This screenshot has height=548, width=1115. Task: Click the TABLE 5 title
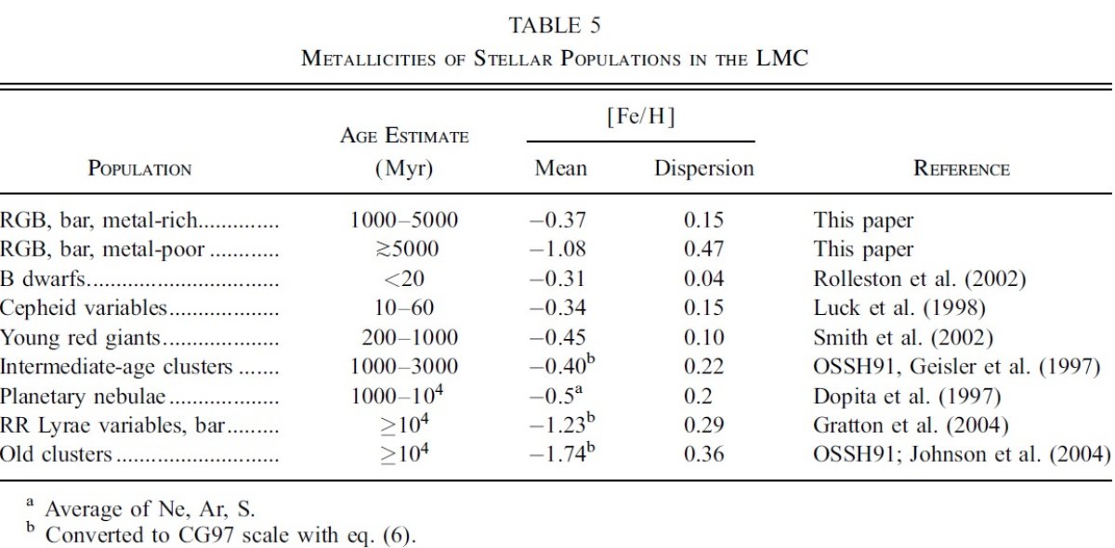[555, 25]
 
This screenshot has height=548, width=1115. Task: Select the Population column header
[139, 168]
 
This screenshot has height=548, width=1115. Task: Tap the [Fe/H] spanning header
[640, 116]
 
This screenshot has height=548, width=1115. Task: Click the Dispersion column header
[704, 168]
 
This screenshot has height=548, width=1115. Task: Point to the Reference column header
[961, 168]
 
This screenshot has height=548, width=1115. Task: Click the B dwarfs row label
[43, 279]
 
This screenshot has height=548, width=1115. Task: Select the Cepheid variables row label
[83, 308]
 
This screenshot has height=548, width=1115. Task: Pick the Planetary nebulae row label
[83, 397]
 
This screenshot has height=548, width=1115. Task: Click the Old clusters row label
[56, 454]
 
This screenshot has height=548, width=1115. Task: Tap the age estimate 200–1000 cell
[409, 337]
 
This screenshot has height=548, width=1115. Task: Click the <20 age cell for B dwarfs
[403, 279]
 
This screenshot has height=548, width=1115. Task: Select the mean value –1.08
[558, 249]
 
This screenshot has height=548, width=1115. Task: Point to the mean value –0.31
[557, 279]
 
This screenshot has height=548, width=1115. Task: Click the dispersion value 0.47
[703, 249]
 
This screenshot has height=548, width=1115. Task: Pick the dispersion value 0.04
[703, 279]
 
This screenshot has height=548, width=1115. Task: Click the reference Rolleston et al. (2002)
[919, 279]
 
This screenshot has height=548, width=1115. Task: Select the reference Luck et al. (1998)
[899, 308]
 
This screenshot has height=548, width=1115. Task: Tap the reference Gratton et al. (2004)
[911, 425]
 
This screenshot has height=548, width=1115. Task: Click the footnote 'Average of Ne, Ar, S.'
[150, 509]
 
